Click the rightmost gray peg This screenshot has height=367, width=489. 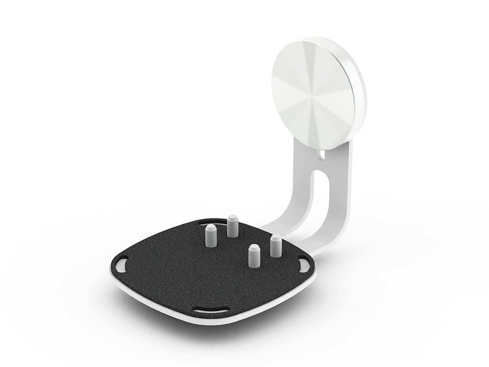click(276, 246)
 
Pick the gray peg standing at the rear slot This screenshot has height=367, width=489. click(233, 226)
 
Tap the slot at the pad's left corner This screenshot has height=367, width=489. click(122, 266)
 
